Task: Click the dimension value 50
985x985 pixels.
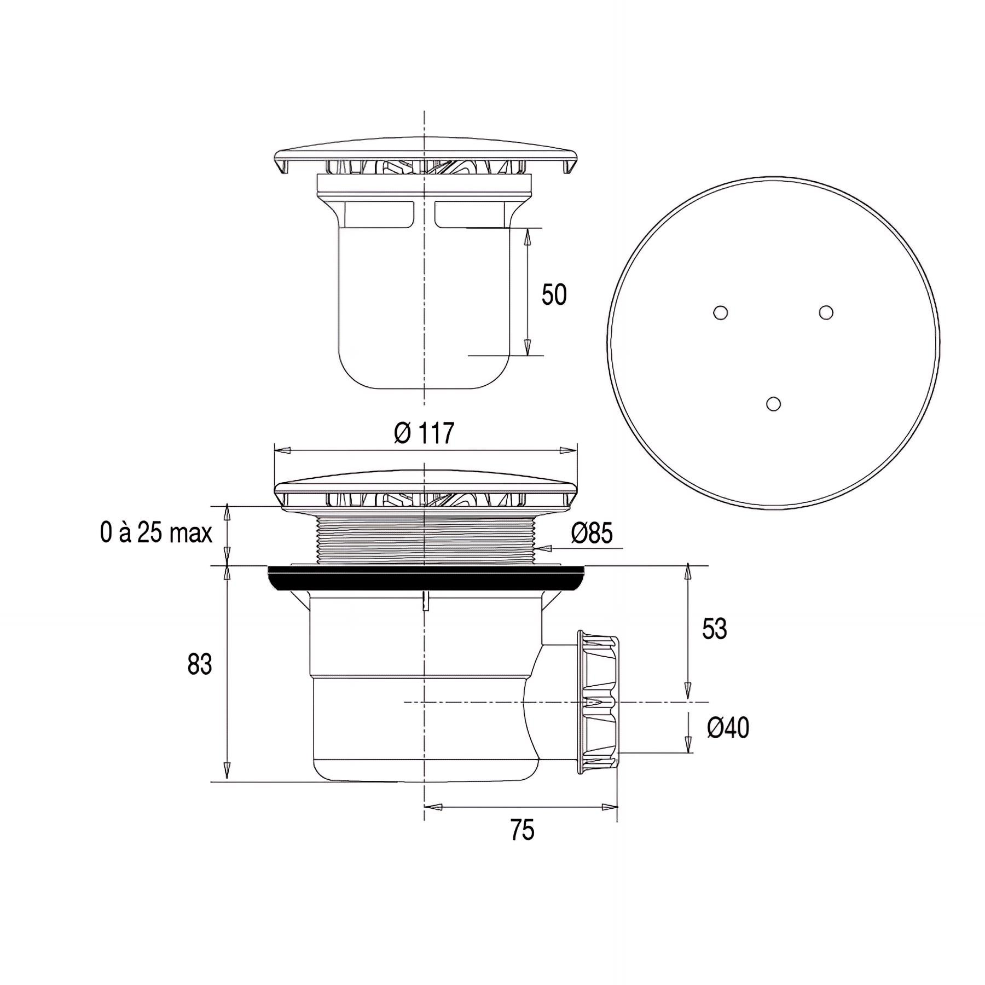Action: pyautogui.click(x=554, y=295)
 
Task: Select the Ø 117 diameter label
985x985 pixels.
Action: pyautogui.click(x=424, y=433)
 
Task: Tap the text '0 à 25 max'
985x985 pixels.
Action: pyautogui.click(x=156, y=532)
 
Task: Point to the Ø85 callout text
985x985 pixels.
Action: pyautogui.click(x=592, y=533)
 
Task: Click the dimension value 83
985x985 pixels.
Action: pyautogui.click(x=199, y=665)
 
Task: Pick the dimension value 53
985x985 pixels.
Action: pyautogui.click(x=714, y=629)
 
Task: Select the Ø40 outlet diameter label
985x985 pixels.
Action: pyautogui.click(x=728, y=728)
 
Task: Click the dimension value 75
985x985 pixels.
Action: pyautogui.click(x=522, y=830)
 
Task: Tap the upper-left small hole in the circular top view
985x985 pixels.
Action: pyautogui.click(x=721, y=312)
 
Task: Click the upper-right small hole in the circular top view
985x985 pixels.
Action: pyautogui.click(x=826, y=312)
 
